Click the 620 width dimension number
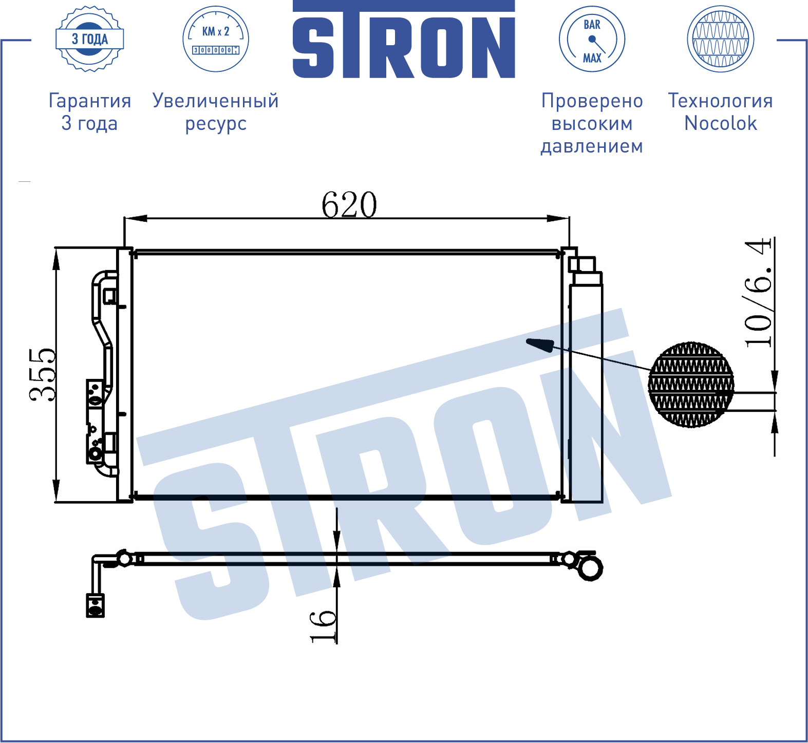point(349,204)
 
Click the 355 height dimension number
point(43,374)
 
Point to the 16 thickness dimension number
point(323,626)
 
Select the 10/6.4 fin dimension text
point(759,293)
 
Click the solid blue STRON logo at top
point(404,40)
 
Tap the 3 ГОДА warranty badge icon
point(90,39)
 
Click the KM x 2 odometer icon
point(216,39)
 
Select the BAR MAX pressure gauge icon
point(592,39)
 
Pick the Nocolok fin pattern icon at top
point(721,39)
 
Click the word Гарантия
point(90,101)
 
